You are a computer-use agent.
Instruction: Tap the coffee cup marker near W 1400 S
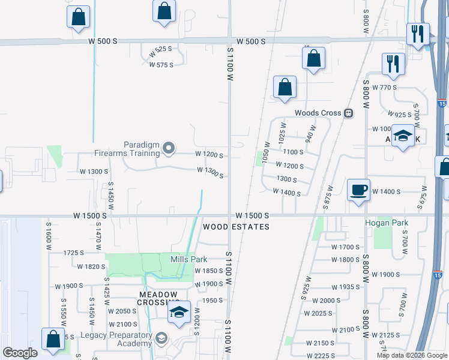358,191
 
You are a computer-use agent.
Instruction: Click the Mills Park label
188,259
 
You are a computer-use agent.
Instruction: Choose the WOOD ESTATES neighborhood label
236,227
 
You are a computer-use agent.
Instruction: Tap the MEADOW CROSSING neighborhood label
158,298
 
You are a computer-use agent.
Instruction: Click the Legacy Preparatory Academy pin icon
161,338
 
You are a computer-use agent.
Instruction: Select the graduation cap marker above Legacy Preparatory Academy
178,313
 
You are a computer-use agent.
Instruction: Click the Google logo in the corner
19,353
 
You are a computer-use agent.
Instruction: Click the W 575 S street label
161,65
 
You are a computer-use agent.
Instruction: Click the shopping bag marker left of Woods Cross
285,87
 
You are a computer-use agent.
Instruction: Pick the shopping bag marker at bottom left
53,339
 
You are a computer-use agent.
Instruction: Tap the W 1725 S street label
76,253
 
